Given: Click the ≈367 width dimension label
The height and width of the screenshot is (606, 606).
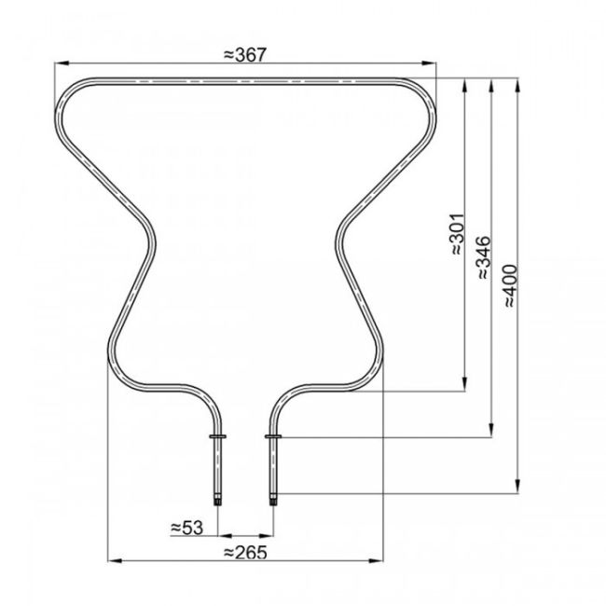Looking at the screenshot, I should pos(246,54).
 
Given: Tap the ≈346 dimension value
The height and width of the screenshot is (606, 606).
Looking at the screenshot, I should pos(484,258).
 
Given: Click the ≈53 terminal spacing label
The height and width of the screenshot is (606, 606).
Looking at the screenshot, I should pos(187,527).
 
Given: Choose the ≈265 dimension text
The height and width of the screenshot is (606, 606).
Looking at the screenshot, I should pos(246,552).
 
